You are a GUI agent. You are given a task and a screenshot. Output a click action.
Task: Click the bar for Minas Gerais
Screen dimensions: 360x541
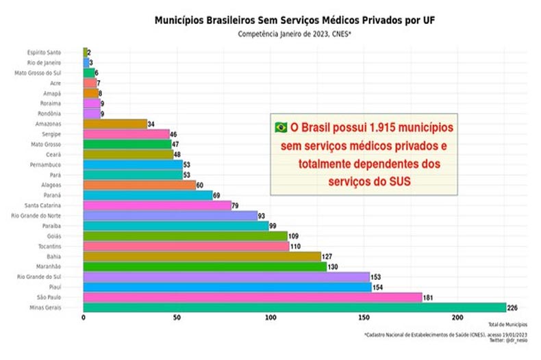point(294,308)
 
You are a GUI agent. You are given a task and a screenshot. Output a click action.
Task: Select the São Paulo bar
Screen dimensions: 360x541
point(252,297)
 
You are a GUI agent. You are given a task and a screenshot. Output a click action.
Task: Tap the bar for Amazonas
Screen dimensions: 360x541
point(115,124)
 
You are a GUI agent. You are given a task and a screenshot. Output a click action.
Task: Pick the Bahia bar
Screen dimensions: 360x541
point(202,256)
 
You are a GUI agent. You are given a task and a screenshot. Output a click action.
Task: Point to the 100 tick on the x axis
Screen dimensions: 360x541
point(270,318)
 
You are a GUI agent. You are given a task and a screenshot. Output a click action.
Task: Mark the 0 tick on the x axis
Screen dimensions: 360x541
point(84,318)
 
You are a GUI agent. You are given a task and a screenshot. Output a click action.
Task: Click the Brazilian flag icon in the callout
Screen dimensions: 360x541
point(281,128)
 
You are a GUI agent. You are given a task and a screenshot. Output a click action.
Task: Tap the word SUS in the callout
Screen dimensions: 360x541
point(399,181)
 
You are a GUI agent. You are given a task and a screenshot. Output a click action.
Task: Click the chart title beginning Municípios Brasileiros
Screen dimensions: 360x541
point(295,21)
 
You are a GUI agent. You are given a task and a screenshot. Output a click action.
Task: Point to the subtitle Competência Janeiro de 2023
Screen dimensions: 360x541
point(295,34)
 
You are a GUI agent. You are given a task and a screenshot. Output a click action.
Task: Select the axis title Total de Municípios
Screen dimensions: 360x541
point(507,324)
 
